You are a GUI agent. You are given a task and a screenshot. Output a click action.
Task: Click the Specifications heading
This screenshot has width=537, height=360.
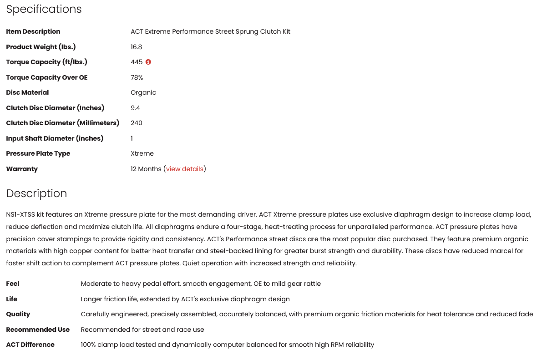(x=44, y=10)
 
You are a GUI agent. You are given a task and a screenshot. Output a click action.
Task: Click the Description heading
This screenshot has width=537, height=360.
(x=36, y=193)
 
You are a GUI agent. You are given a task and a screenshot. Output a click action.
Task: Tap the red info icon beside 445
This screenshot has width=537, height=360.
(x=148, y=62)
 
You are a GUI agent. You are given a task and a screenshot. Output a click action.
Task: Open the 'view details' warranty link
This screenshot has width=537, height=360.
(x=185, y=169)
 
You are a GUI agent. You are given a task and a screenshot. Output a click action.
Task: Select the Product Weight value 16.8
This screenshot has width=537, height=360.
(x=137, y=47)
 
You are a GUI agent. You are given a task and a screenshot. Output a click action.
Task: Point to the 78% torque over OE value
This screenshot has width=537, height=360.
(x=137, y=77)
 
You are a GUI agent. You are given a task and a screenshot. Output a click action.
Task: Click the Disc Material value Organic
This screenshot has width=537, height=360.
(x=143, y=92)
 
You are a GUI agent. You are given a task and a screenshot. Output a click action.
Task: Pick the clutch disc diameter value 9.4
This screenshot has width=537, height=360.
(x=135, y=108)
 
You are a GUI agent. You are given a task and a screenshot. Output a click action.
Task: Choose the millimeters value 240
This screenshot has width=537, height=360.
(x=137, y=123)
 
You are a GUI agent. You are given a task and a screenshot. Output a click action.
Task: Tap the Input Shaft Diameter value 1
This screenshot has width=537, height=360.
(x=132, y=138)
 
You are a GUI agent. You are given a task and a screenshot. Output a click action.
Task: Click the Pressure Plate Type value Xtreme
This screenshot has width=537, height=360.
(x=142, y=153)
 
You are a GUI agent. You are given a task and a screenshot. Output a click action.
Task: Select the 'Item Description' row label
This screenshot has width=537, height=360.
(x=33, y=31)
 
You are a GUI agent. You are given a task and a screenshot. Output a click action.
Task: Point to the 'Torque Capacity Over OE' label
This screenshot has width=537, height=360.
(x=47, y=77)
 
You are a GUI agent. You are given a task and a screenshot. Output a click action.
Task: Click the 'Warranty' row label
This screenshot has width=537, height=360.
(x=22, y=169)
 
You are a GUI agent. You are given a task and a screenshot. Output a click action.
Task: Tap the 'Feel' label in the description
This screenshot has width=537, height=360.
(x=13, y=284)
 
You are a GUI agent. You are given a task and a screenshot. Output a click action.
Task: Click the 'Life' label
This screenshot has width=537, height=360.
(x=12, y=299)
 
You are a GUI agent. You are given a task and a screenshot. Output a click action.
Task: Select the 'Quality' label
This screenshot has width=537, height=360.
(x=18, y=314)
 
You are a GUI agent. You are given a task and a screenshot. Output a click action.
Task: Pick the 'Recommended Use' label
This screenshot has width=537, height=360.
(x=38, y=330)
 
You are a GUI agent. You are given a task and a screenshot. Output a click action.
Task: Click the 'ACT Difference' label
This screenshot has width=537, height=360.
(x=30, y=345)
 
